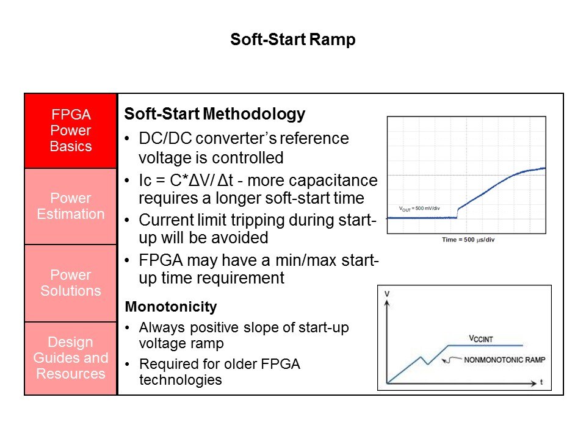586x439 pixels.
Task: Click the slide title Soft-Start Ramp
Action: pos(292,40)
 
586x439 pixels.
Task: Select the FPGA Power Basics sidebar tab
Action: pos(71,130)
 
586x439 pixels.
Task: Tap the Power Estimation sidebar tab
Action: pos(71,207)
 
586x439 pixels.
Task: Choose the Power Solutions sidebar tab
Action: pos(71,283)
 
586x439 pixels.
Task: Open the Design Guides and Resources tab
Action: pos(71,359)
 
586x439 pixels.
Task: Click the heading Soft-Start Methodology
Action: pos(214,114)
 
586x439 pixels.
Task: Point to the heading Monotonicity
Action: pos(171,307)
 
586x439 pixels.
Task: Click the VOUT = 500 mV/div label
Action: pos(419,209)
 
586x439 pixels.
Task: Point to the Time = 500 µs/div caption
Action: pos(468,240)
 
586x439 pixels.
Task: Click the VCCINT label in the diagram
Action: pos(481,338)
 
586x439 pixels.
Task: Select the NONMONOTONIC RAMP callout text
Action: pos(505,360)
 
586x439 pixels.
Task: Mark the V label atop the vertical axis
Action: pos(387,294)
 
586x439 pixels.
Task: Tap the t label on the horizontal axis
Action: pos(541,382)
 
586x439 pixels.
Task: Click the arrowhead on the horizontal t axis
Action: pos(534,384)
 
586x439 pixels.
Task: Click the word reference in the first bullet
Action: pos(314,138)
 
